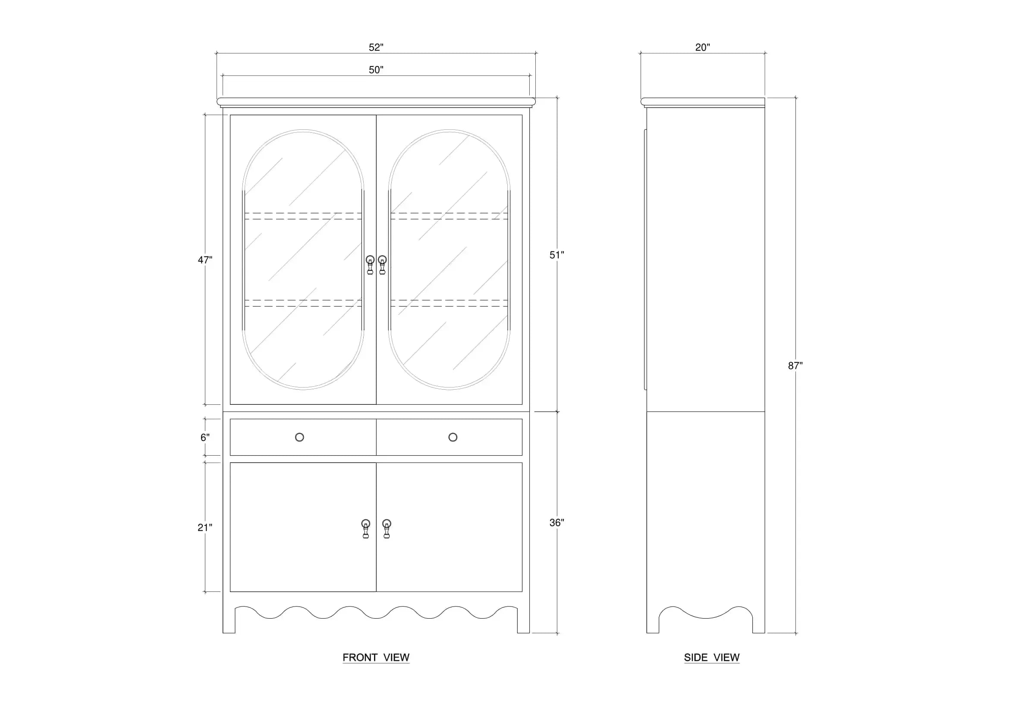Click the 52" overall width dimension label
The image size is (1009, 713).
[x=376, y=47]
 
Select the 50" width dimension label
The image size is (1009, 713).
[x=376, y=70]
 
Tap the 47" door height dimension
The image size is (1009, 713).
[x=205, y=260]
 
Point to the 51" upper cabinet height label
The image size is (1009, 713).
[x=557, y=255]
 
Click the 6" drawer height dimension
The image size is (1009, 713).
[x=205, y=437]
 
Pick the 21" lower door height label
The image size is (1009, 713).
[x=205, y=527]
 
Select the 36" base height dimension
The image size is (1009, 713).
[x=557, y=522]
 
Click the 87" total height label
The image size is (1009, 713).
[x=795, y=365]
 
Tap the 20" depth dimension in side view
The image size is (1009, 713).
[x=703, y=47]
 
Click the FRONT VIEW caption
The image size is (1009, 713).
[x=376, y=657]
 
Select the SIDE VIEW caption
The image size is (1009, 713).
[x=712, y=657]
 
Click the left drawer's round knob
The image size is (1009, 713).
[x=300, y=437]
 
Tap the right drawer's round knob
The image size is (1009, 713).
[x=453, y=437]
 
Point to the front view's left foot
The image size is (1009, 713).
[x=229, y=620]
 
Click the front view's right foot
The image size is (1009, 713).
[x=523, y=620]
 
